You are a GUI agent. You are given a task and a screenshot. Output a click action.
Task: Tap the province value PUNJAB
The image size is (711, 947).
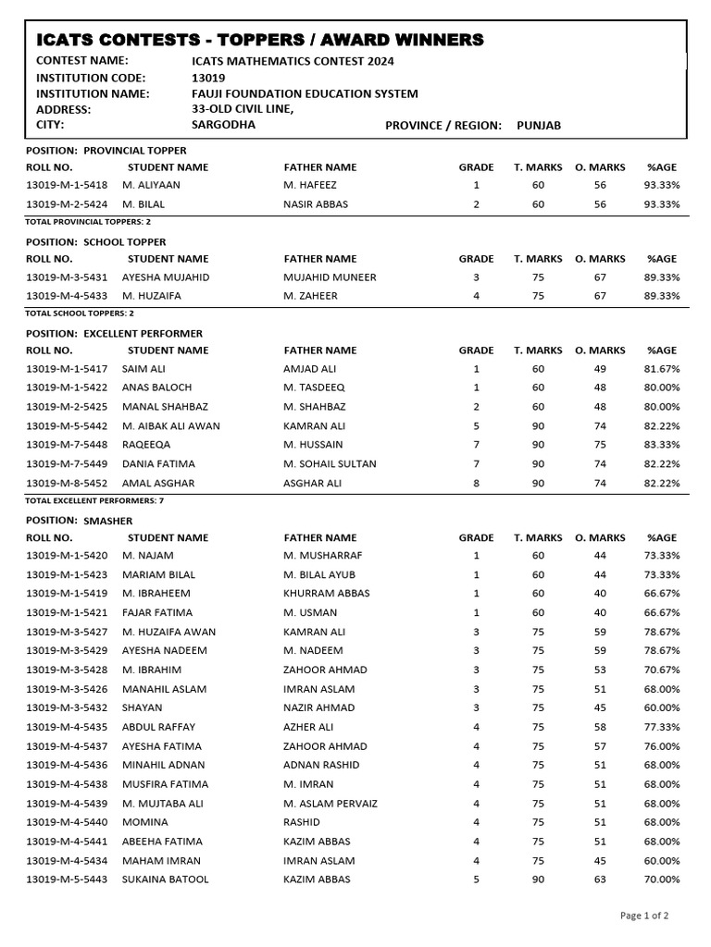click(539, 125)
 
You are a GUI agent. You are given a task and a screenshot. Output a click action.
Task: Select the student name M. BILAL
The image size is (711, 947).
click(143, 204)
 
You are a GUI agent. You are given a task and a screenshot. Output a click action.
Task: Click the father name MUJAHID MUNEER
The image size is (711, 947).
click(330, 277)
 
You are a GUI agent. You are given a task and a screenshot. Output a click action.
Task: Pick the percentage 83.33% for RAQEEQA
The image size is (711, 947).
click(662, 445)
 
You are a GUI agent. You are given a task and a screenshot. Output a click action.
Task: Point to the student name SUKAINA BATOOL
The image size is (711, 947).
click(166, 879)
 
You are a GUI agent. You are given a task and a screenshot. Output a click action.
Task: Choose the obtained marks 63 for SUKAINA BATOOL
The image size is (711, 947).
click(600, 879)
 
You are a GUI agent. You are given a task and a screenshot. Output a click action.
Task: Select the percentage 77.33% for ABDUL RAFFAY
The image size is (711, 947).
click(662, 728)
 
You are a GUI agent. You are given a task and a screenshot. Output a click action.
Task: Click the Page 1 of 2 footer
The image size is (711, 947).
click(643, 916)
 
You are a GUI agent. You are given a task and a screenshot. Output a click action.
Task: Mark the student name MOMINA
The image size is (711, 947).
click(145, 822)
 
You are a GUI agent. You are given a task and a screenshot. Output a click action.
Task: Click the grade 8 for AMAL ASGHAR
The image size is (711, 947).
click(476, 483)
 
